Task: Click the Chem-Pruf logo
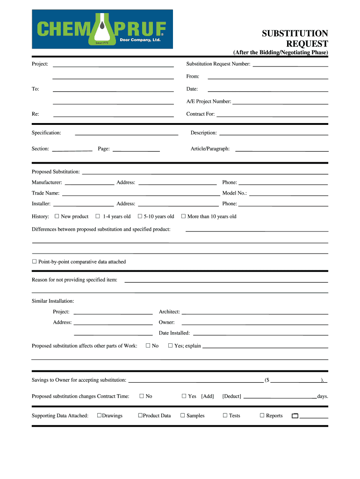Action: point(102,29)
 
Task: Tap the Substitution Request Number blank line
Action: point(290,65)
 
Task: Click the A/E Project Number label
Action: point(209,102)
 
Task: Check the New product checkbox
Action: point(57,217)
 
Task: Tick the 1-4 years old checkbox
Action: point(98,217)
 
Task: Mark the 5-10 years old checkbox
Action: point(140,217)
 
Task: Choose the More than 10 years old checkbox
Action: point(184,217)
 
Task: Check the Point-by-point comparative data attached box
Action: point(34,262)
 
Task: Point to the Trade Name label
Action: point(45,193)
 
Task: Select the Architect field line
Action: point(255,313)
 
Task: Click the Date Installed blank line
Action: point(260,334)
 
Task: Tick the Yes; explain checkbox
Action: point(171,346)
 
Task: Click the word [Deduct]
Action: point(232,396)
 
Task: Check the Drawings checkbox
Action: point(99,415)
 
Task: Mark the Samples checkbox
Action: point(183,415)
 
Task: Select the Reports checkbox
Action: point(262,415)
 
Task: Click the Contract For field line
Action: point(272,115)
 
